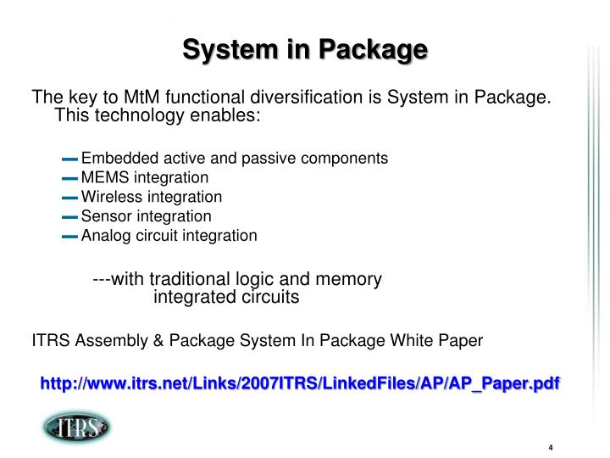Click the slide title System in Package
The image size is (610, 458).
305,48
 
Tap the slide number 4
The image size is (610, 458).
551,449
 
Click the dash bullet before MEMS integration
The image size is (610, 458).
70,178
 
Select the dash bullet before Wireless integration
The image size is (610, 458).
70,198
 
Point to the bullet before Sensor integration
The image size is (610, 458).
70,217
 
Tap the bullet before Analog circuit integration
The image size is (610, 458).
70,237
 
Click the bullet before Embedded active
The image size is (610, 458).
70,159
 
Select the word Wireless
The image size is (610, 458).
107,197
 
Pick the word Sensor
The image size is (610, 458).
103,216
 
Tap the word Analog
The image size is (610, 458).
103,236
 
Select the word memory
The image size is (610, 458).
349,279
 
